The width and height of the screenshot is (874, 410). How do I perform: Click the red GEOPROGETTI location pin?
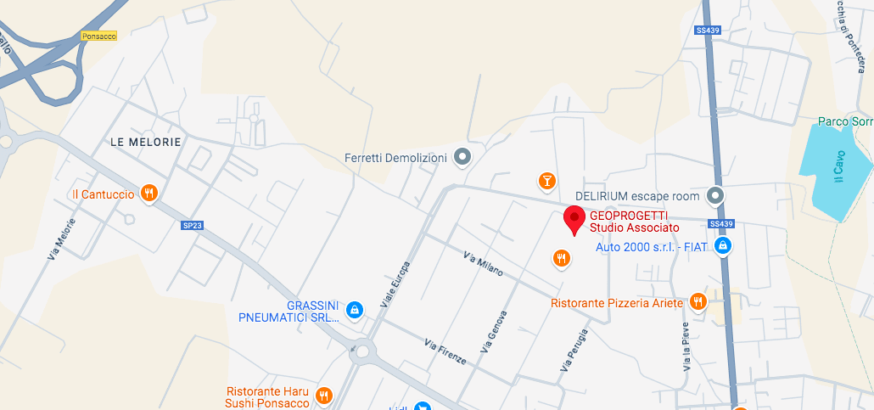click(x=574, y=220)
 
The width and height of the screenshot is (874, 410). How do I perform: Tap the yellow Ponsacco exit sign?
click(x=98, y=36)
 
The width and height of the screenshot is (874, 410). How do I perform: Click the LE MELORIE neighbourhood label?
click(x=146, y=142)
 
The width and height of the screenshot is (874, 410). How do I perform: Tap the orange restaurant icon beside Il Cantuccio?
click(x=149, y=194)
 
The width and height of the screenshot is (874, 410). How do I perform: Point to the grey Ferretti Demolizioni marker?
click(x=462, y=157)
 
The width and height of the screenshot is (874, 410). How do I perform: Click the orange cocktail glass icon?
click(x=548, y=180)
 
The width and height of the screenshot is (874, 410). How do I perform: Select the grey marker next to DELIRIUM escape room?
click(x=715, y=196)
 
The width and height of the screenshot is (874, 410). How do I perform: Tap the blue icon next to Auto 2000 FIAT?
click(x=722, y=246)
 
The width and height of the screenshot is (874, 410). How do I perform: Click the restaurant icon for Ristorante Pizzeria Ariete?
click(x=698, y=302)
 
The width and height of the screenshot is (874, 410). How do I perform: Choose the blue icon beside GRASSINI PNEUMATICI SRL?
click(x=356, y=311)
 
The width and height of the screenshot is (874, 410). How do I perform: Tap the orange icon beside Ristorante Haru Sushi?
click(x=323, y=396)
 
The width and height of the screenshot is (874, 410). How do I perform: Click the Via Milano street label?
click(x=483, y=263)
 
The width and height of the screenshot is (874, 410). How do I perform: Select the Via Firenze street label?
click(x=445, y=351)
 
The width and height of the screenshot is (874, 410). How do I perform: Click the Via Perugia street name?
click(x=574, y=349)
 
